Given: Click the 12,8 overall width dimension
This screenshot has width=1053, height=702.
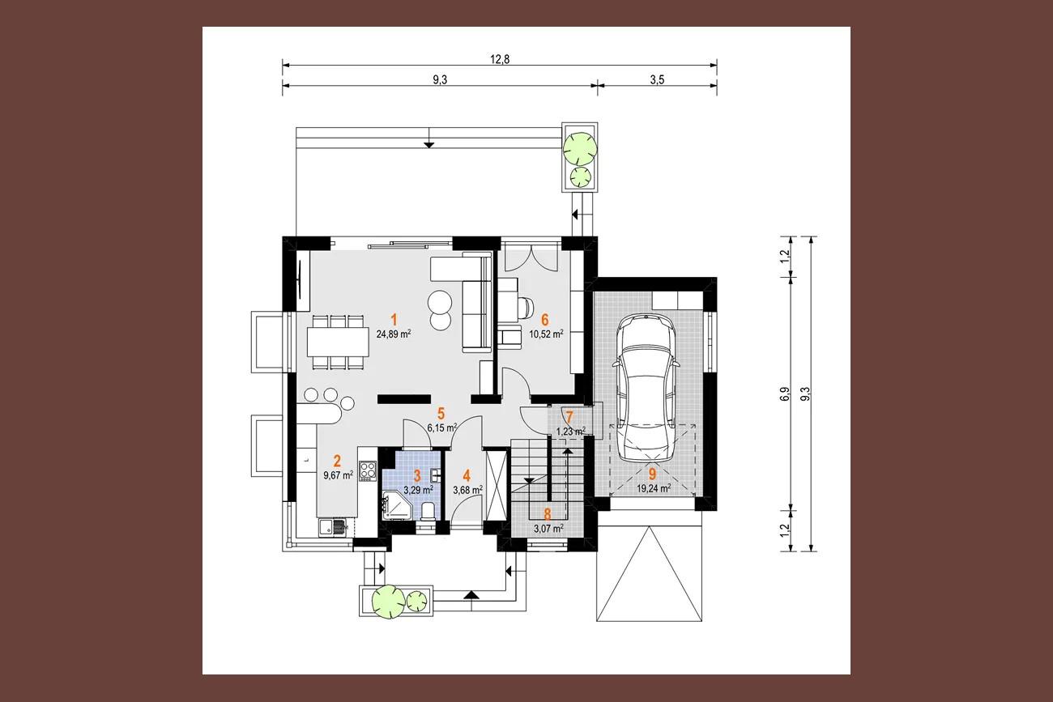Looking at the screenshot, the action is pos(500,59).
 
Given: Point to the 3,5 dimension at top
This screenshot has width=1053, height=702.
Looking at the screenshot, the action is pos(657,80).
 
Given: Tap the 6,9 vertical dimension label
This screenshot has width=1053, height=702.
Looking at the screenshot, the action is pos(784,394).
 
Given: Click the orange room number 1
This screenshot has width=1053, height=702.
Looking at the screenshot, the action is pos(394,321).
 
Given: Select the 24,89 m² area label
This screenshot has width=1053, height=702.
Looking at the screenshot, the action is pos(394,334).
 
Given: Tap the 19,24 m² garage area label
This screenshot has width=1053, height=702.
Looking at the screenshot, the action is pos(654,488).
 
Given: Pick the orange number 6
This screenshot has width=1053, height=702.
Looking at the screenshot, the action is pos(545,320).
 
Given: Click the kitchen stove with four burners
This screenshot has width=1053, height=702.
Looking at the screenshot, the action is pos(368,470).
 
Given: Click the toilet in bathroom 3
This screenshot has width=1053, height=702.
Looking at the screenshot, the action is pos(428,513).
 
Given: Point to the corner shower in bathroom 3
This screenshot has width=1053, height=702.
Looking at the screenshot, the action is pos(397,505).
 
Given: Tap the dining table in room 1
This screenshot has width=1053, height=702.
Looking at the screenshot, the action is pos(338,342).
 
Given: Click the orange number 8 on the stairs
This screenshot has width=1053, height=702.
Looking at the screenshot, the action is pos(548,515).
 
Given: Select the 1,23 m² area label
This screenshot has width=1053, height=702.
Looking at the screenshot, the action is pos(571,431).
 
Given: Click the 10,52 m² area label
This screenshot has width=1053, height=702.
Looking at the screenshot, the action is pos(546,334).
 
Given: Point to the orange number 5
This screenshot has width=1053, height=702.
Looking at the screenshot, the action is pos(441,414).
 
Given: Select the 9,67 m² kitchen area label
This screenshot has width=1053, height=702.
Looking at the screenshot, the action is pos(339,475).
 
